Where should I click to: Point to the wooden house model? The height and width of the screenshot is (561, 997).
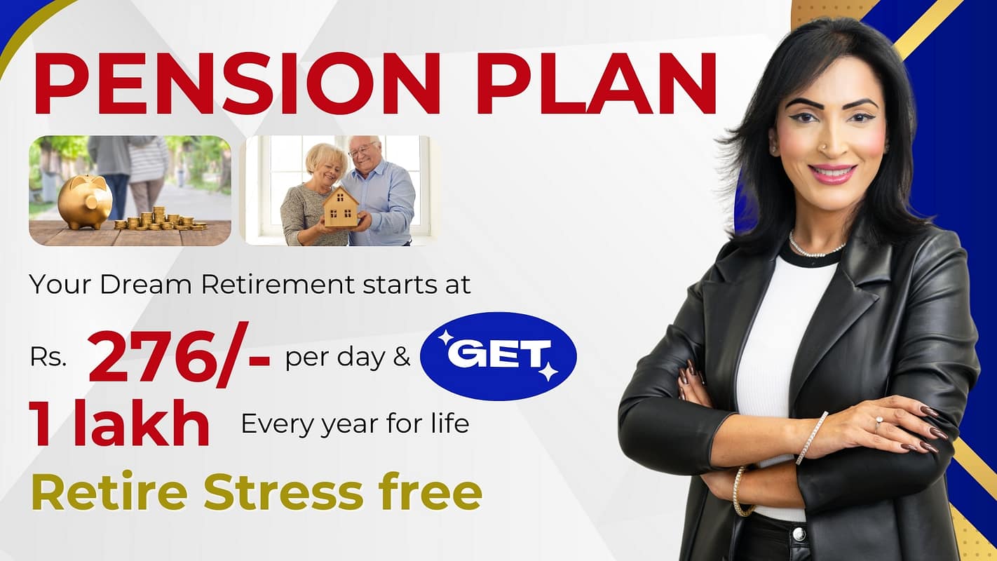click(341, 207)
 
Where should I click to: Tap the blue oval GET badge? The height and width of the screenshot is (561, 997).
click(498, 356)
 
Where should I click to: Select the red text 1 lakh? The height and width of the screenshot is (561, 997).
click(119, 425)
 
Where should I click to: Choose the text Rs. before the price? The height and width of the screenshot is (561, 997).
click(48, 358)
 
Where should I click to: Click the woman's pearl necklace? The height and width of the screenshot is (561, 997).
click(817, 248)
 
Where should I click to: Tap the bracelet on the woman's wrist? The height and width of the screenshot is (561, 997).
click(811, 438)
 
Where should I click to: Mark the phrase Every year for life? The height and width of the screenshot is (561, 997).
click(355, 424)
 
